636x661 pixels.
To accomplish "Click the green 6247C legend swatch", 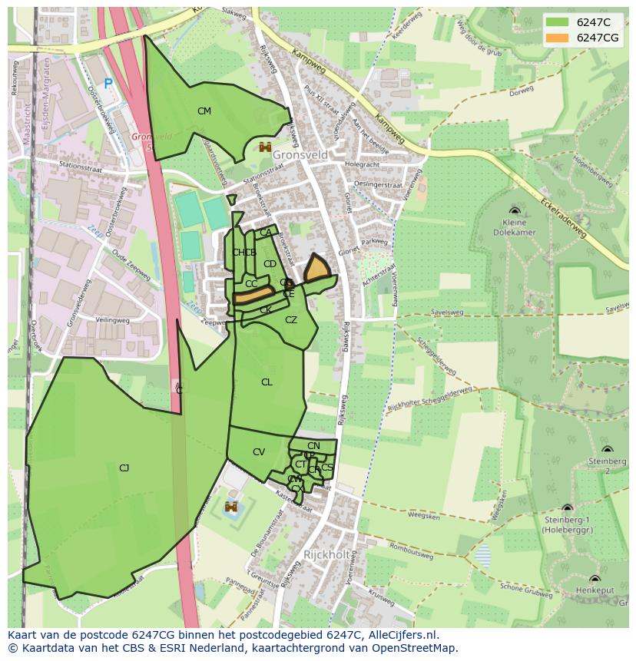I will pos(558,22).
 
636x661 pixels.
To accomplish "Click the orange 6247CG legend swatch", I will pos(558,38).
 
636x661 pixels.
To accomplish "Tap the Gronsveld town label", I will pos(300,155).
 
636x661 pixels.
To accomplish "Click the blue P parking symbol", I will pos(108,84).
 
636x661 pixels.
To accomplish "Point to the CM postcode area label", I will pos(204,111).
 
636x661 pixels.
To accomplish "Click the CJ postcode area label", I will pos(124,468).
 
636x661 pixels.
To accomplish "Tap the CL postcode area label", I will pos(267,382).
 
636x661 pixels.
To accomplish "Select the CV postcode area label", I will pos(259,452).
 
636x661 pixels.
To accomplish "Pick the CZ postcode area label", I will pos(291,320).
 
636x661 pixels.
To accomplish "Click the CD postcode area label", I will pos(270,264).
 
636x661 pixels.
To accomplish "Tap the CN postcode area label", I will pos(313,446).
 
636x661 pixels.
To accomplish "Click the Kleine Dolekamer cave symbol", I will pos(514,210).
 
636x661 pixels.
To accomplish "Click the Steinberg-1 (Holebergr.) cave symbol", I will pos(567,508).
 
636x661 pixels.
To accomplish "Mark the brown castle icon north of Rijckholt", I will pos(230,507).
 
